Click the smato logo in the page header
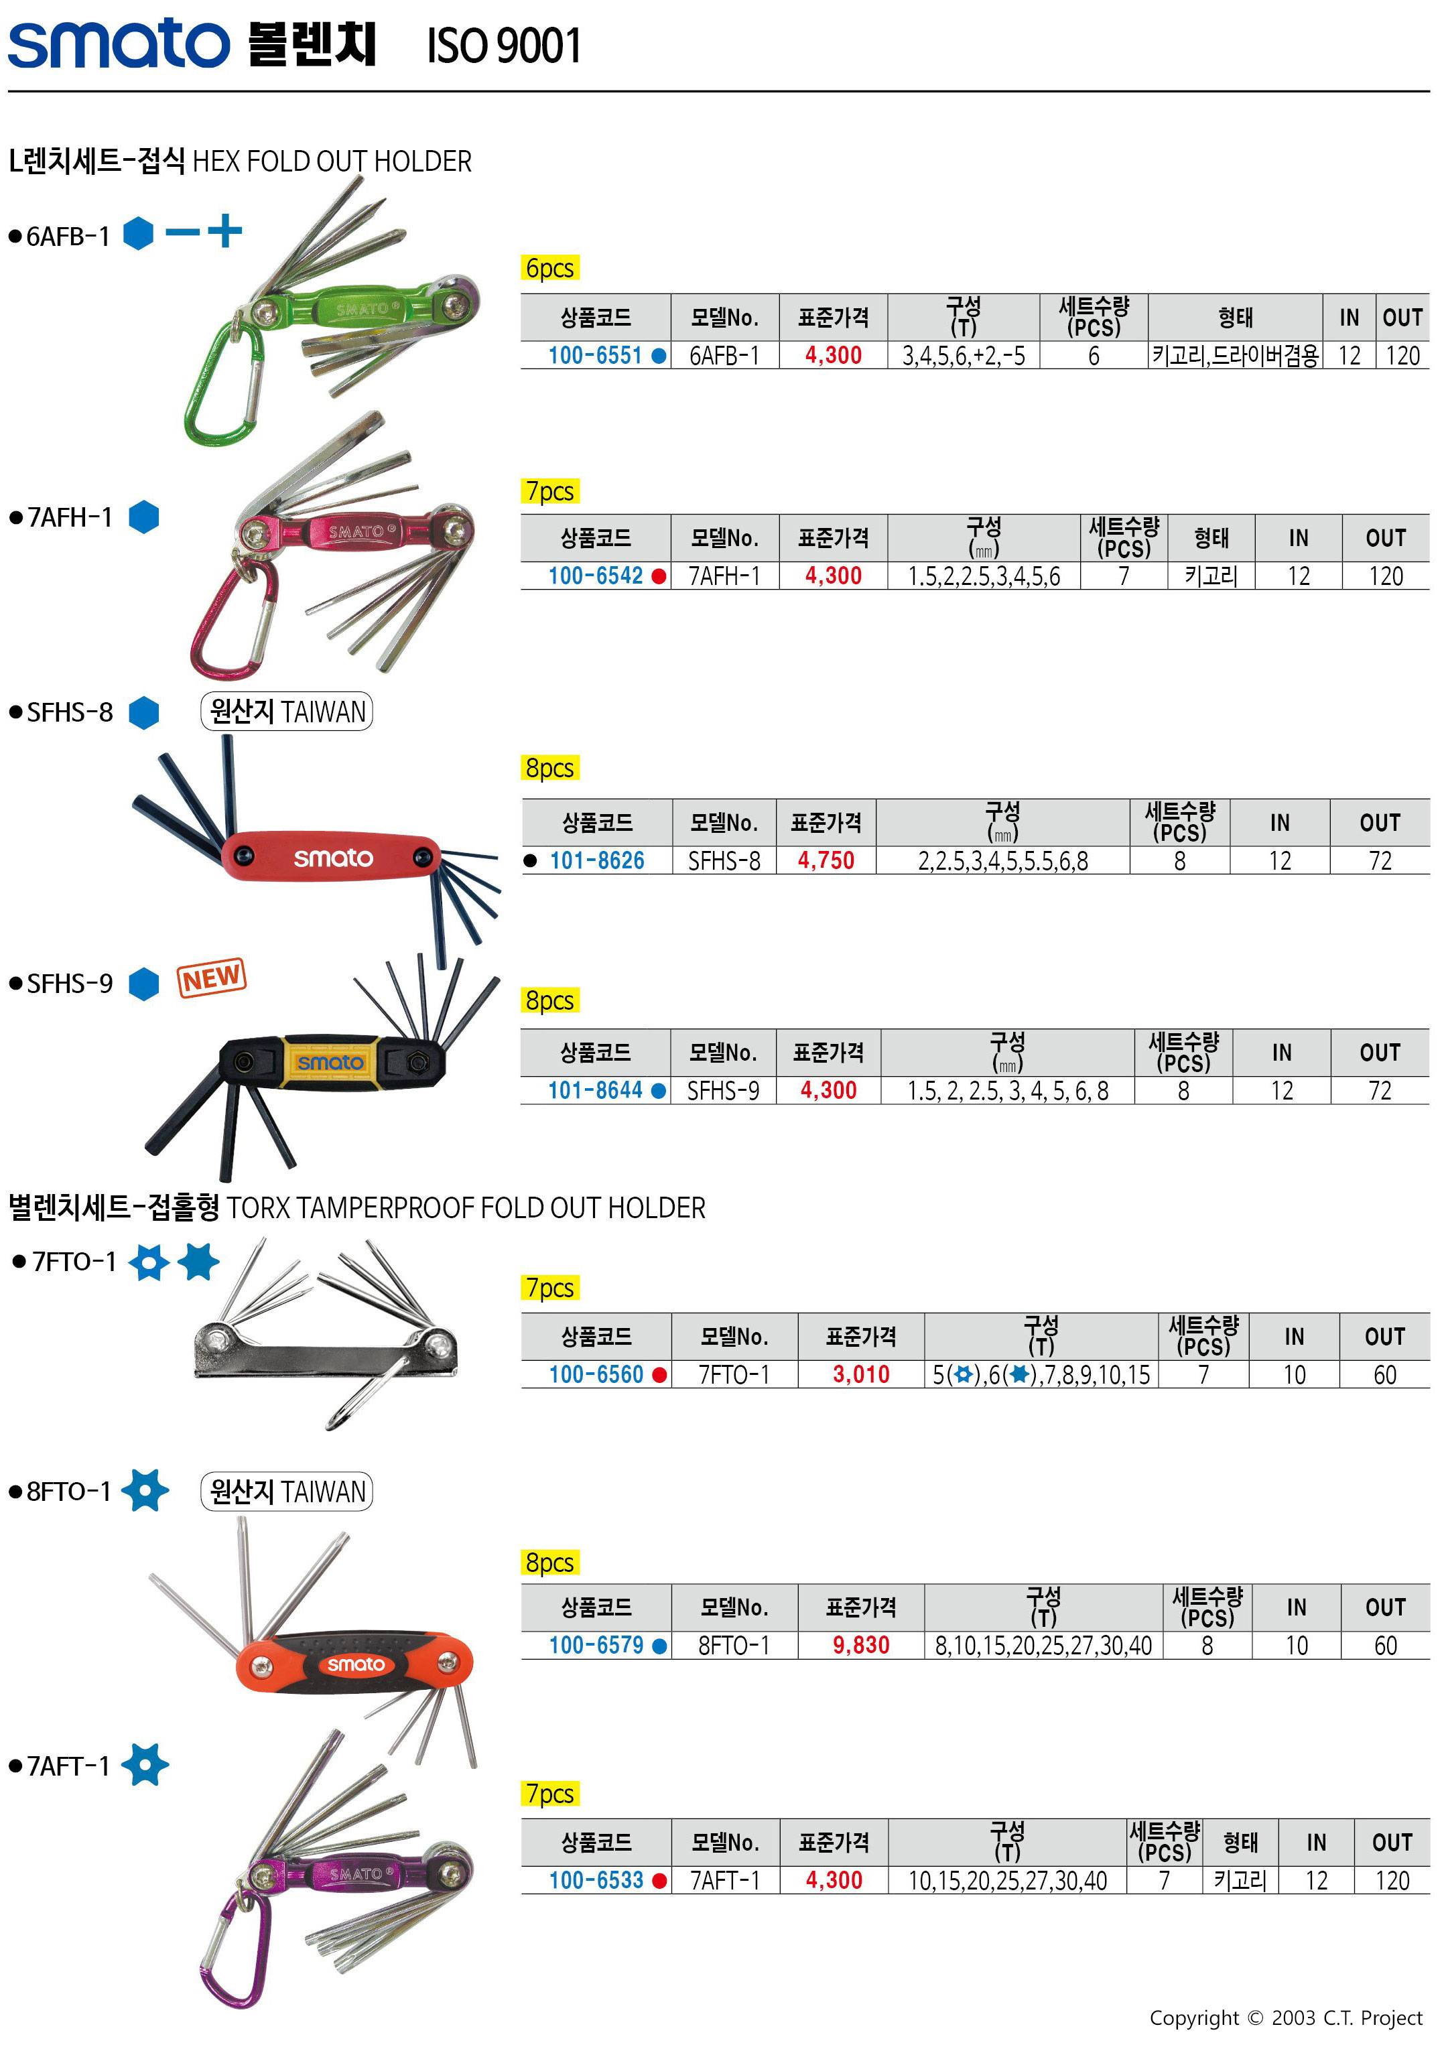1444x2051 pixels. point(119,43)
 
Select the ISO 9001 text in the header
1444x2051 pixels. point(504,46)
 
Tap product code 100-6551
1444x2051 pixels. point(595,356)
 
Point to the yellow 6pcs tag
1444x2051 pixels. point(550,268)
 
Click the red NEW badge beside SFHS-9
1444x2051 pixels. point(212,978)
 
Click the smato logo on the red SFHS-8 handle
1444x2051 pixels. point(333,858)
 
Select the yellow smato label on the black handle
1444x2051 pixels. point(330,1062)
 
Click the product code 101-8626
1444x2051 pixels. point(597,861)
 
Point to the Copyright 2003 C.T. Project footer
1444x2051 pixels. point(1285,2018)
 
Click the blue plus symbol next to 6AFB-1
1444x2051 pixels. point(225,230)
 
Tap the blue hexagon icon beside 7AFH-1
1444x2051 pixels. point(144,517)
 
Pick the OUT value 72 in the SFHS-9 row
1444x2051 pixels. point(1380,1091)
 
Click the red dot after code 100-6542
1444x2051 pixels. point(659,576)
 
